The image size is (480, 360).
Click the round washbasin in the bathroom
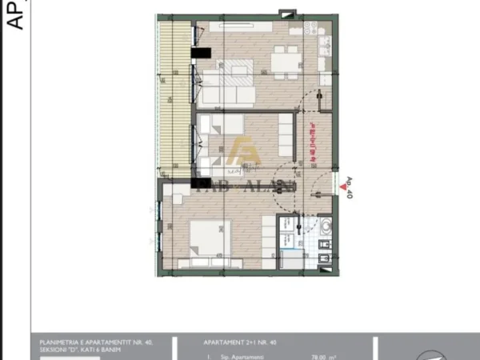323,228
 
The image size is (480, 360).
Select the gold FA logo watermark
245,152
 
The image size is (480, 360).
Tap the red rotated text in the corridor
314,144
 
